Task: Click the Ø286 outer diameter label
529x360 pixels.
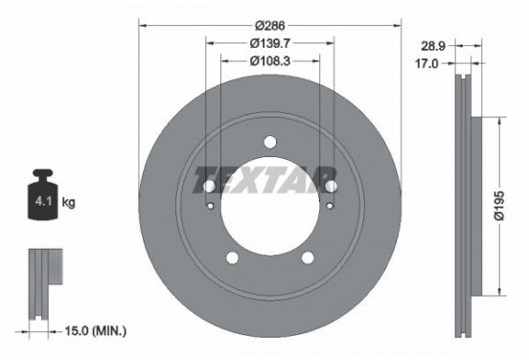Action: [x=270, y=25]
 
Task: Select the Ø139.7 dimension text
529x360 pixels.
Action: [x=270, y=43]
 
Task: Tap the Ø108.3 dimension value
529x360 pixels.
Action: [x=270, y=61]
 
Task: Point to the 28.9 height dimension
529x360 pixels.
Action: [x=433, y=46]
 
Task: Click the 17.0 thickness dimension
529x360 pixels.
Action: [x=426, y=63]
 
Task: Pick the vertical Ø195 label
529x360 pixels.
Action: [x=499, y=206]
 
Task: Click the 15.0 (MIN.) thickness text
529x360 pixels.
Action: [x=96, y=331]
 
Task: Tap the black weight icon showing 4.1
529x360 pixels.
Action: [x=43, y=194]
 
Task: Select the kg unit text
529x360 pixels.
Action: [x=68, y=203]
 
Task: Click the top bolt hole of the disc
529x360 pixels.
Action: [x=270, y=142]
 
